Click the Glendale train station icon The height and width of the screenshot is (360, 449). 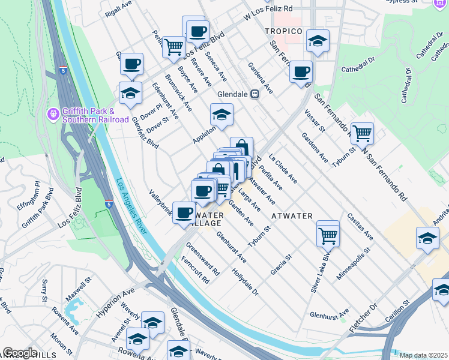pyautogui.click(x=255, y=94)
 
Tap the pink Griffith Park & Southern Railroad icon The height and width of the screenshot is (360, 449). pyautogui.click(x=52, y=113)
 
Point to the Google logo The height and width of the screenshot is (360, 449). pyautogui.click(x=20, y=353)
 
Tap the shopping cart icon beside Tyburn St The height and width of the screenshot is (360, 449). pyautogui.click(x=362, y=134)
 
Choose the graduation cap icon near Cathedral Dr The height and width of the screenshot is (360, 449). pyautogui.click(x=318, y=41)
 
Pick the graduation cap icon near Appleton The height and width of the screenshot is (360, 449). pyautogui.click(x=221, y=115)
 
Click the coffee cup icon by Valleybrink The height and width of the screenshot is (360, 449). pyautogui.click(x=184, y=212)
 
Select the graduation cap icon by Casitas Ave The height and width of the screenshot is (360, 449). pyautogui.click(x=427, y=238)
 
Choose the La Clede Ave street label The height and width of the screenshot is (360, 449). pyautogui.click(x=283, y=170)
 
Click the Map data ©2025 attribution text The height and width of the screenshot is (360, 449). pyautogui.click(x=423, y=355)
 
